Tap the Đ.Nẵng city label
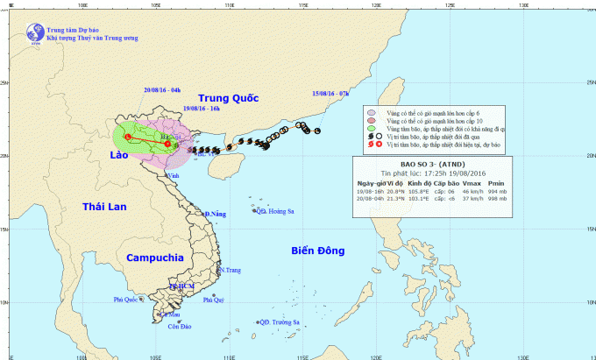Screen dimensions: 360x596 tap(216, 214)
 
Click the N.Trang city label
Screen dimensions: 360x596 tap(231, 270)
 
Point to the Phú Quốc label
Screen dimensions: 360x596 tap(127, 300)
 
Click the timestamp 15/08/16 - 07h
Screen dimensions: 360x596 tap(331, 91)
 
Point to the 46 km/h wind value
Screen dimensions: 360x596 tap(473, 190)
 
